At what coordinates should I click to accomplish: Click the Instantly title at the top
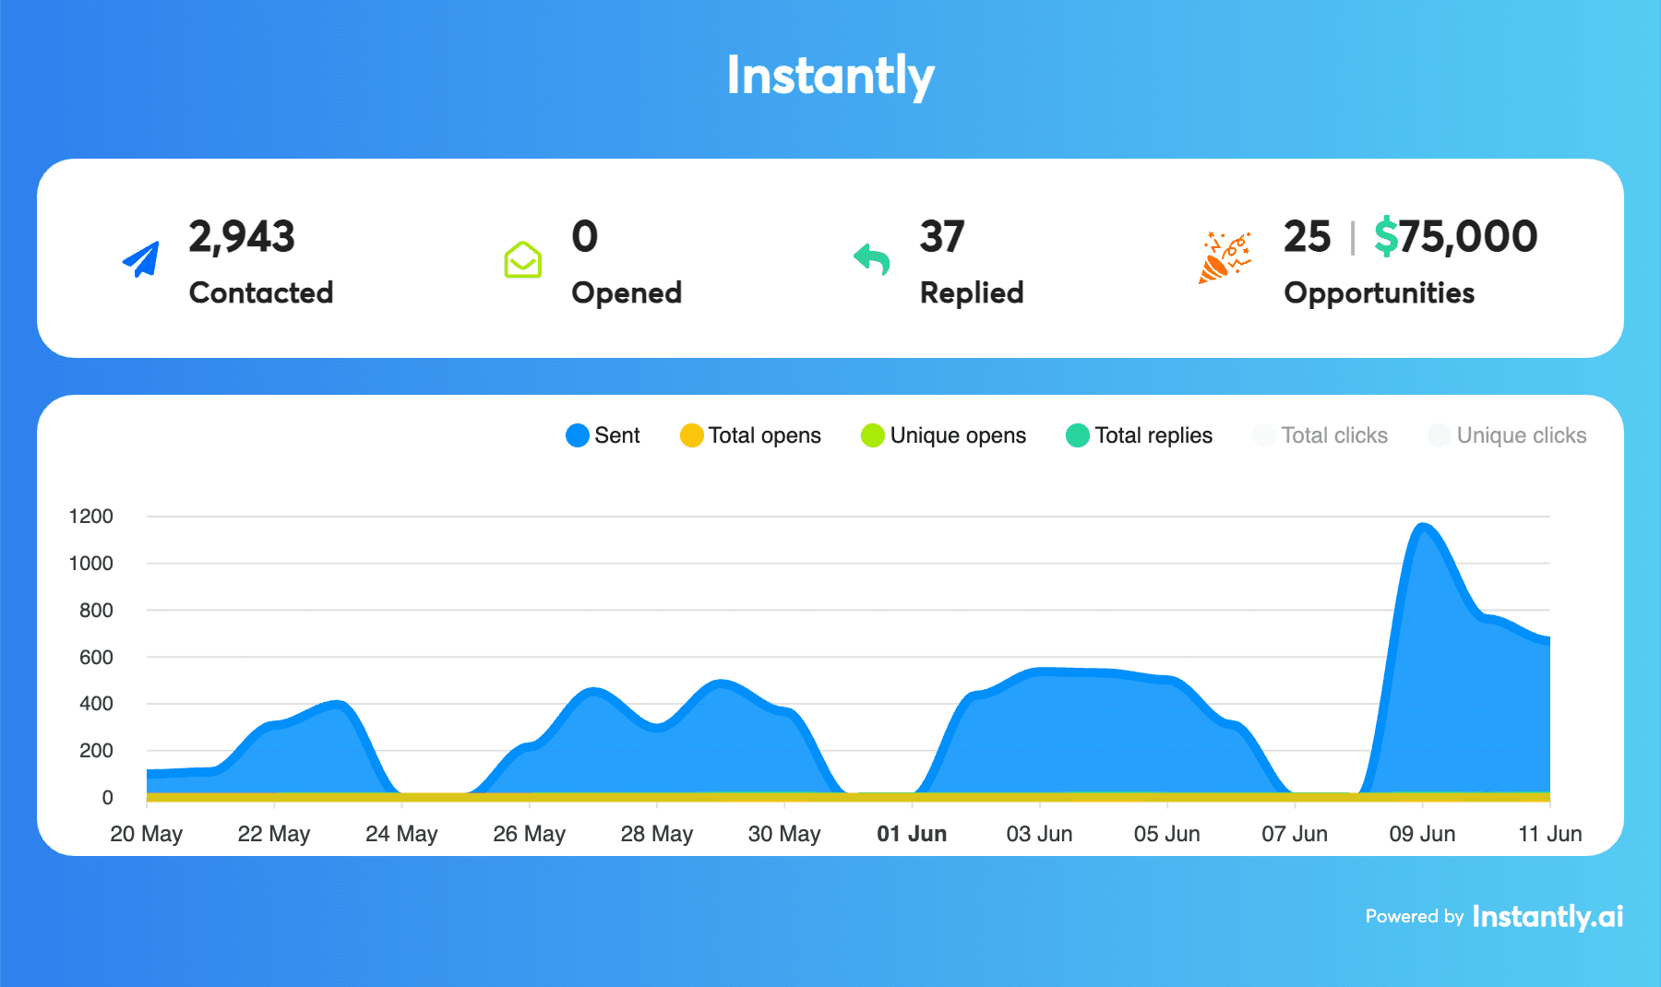(x=830, y=76)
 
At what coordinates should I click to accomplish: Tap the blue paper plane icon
(x=141, y=260)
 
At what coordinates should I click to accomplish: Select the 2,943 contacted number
(x=242, y=237)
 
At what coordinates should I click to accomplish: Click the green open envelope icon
(x=522, y=260)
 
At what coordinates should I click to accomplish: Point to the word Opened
(x=626, y=293)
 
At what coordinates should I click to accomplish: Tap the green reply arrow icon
(x=872, y=259)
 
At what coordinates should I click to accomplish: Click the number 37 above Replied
(x=941, y=237)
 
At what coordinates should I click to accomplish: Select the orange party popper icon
(x=1224, y=257)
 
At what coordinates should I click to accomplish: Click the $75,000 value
(x=1455, y=237)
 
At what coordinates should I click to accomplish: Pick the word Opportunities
(x=1379, y=293)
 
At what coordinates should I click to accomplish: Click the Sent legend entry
(x=603, y=435)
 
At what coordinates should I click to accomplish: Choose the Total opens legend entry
(x=750, y=435)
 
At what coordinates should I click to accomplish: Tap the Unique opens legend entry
(x=943, y=435)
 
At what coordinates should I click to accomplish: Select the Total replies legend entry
(x=1139, y=435)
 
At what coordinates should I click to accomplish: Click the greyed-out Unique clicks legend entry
(x=1507, y=435)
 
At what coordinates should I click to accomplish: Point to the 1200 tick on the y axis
(x=91, y=517)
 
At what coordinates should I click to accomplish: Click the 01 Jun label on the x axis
(x=912, y=834)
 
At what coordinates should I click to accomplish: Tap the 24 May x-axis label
(x=401, y=834)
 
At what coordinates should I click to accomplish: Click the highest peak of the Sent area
(x=1423, y=528)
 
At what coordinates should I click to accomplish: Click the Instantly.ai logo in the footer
(x=1547, y=917)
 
